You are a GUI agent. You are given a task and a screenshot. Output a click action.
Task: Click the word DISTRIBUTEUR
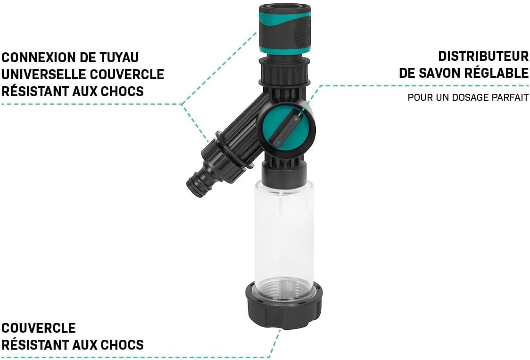483,56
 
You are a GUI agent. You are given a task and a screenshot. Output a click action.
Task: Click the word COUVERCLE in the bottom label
39,327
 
